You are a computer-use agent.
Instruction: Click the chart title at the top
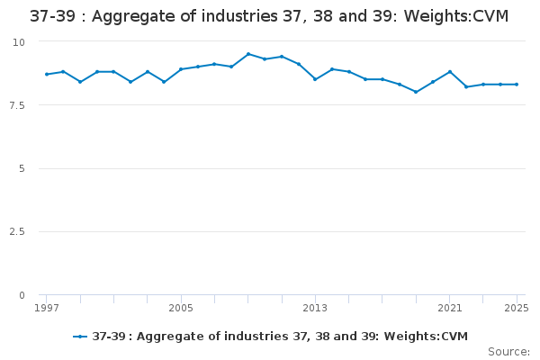click(x=269, y=16)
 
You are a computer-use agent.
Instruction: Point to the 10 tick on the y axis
click(x=19, y=42)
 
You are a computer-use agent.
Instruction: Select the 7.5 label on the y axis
click(x=17, y=105)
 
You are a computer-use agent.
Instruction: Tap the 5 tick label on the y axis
click(x=22, y=168)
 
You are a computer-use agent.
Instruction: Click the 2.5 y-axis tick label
click(x=17, y=231)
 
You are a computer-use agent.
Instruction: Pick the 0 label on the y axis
click(x=22, y=295)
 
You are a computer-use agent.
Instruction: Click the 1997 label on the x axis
click(x=47, y=308)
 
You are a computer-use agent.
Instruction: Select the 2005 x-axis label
click(x=181, y=308)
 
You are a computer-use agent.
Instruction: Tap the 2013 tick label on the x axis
click(x=315, y=308)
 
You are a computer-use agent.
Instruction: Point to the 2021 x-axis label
click(x=449, y=308)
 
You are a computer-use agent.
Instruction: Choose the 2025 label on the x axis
click(x=517, y=308)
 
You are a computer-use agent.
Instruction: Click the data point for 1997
click(x=47, y=74)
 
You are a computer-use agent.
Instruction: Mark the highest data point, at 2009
click(x=248, y=54)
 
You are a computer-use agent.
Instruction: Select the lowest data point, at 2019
click(x=416, y=92)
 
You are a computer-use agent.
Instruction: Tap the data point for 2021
click(x=450, y=72)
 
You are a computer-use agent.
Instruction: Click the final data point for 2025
click(x=517, y=85)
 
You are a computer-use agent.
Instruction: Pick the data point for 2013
click(x=315, y=79)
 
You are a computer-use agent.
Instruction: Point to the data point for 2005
click(x=181, y=69)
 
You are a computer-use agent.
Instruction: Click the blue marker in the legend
click(x=80, y=337)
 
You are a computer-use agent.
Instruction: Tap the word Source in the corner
click(x=508, y=352)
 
